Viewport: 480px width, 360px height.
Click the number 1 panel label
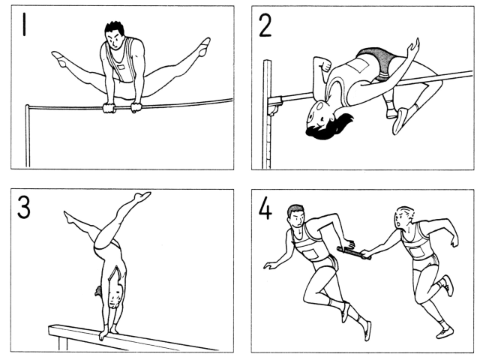[x=24, y=24]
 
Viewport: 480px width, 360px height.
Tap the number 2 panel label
[x=265, y=25]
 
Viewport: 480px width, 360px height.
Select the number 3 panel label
[x=24, y=207]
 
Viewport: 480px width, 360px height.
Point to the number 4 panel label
[x=265, y=208]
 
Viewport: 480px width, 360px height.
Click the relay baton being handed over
[x=354, y=252]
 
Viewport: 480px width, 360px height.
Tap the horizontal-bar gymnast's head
[x=115, y=35]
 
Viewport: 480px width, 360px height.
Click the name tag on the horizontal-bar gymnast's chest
[x=121, y=67]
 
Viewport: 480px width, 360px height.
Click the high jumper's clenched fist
[x=325, y=65]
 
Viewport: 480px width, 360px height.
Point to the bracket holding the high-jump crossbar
[x=275, y=104]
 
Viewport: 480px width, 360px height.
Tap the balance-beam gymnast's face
[x=116, y=295]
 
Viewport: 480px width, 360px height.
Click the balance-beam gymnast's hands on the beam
[x=108, y=332]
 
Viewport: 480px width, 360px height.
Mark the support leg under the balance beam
[x=62, y=343]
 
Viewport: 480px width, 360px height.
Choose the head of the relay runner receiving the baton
[x=297, y=216]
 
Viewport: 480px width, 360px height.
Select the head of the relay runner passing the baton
[x=403, y=217]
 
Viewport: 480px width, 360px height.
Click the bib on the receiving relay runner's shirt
[x=310, y=255]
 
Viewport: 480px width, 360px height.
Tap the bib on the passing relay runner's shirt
[x=417, y=252]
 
